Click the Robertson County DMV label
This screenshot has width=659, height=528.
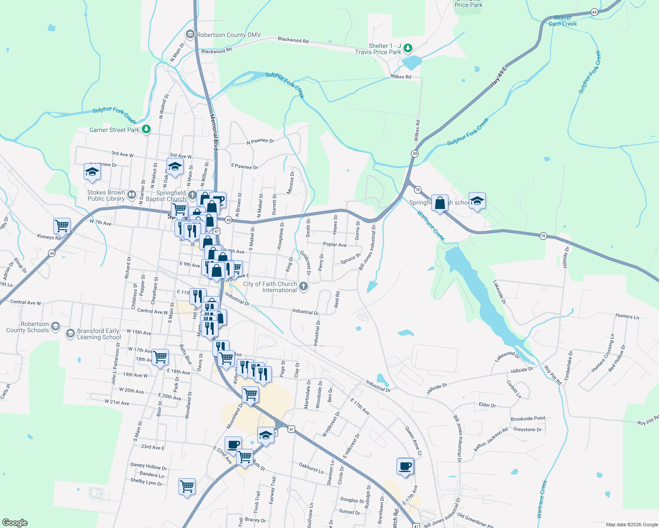229,35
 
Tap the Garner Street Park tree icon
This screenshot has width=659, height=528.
146,129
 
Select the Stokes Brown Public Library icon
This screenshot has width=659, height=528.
132,194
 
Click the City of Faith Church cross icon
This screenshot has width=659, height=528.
303,287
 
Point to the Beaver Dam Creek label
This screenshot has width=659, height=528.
563,21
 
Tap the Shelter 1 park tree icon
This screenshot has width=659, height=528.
408,48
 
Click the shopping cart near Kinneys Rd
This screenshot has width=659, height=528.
62,226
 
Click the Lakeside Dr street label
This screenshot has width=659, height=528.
500,292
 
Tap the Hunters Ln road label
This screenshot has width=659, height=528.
627,316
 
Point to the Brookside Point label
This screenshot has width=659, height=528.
528,418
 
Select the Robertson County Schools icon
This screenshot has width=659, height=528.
56,326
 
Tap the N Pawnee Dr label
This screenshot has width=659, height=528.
260,141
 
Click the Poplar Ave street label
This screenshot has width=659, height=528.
334,245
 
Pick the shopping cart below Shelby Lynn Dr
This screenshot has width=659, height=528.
187,486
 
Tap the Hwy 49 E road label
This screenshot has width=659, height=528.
498,77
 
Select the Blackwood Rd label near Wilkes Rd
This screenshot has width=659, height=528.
293,40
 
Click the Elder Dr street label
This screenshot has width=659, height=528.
487,405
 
